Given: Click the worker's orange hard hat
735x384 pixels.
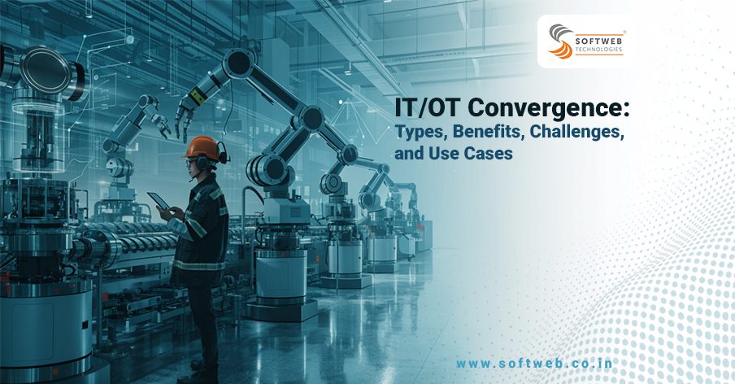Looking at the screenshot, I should pyautogui.click(x=202, y=148).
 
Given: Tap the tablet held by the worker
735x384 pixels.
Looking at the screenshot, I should pyautogui.click(x=156, y=202).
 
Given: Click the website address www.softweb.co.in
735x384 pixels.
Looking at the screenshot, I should pyautogui.click(x=535, y=364).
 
